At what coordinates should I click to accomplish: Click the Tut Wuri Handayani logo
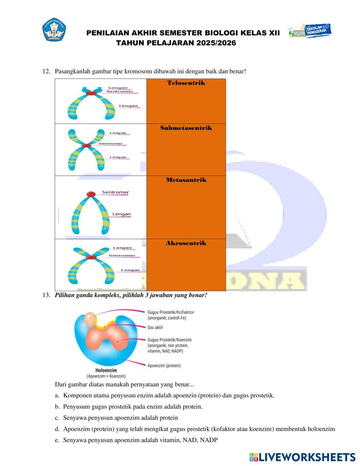55,30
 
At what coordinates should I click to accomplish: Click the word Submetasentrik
186,128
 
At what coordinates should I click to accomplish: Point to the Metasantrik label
186,180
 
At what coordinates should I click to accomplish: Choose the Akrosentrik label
186,243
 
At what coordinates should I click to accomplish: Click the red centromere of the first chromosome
91,93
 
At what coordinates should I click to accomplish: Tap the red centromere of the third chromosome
91,194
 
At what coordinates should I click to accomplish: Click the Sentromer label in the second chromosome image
111,143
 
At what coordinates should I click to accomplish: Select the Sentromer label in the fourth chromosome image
122,255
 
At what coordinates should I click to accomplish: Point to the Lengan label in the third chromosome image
121,214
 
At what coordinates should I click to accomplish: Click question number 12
46,71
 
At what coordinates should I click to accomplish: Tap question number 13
46,295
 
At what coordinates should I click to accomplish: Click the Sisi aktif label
155,327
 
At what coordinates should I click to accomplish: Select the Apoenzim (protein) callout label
164,366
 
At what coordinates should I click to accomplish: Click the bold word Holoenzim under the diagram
106,370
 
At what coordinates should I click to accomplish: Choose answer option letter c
57,418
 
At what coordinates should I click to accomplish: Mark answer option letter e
57,440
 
